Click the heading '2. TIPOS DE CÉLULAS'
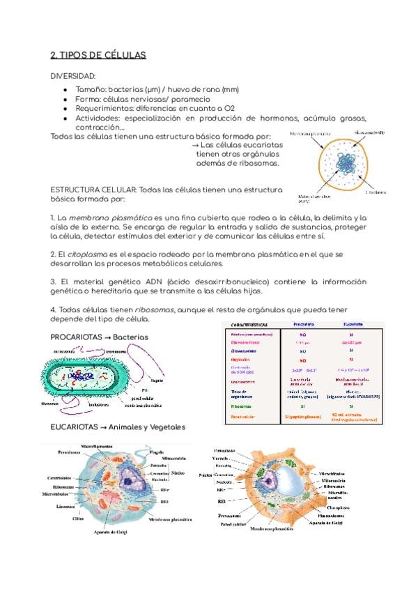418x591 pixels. click(x=98, y=55)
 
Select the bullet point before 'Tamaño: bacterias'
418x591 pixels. click(x=64, y=90)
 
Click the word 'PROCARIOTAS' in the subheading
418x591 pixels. click(x=75, y=337)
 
